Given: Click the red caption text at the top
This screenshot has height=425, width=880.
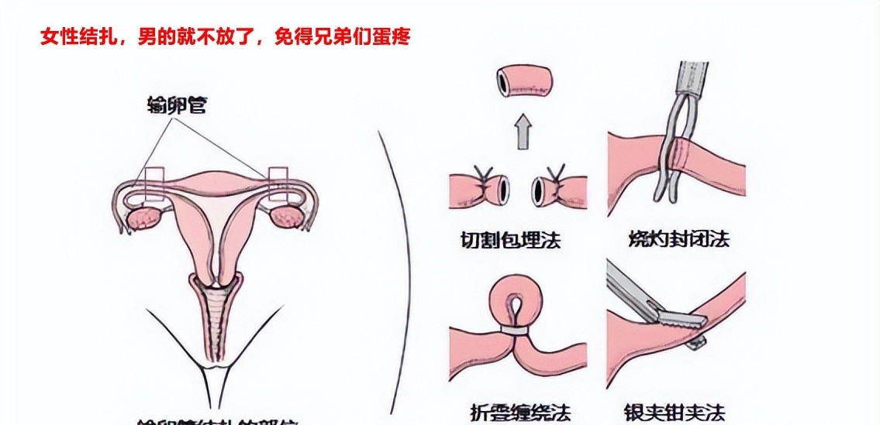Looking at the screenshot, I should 225,37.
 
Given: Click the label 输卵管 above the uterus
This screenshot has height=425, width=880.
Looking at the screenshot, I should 177,106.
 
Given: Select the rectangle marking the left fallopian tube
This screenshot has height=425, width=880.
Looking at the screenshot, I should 154,184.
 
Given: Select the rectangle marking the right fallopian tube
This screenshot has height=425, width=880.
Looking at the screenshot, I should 278,184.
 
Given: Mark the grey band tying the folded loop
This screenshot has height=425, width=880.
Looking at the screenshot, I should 512,331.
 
